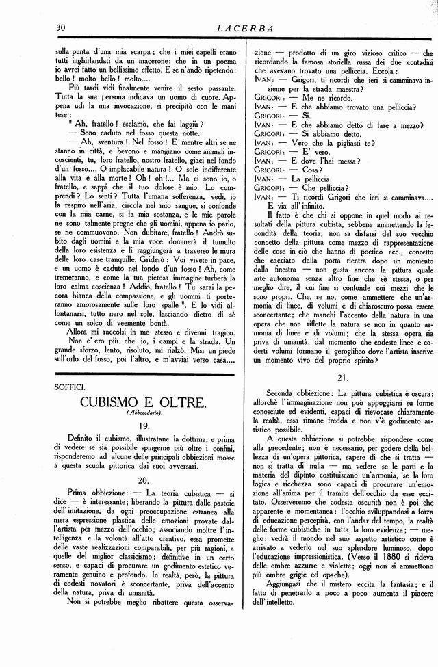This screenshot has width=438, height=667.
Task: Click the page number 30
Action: coord(60,28)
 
